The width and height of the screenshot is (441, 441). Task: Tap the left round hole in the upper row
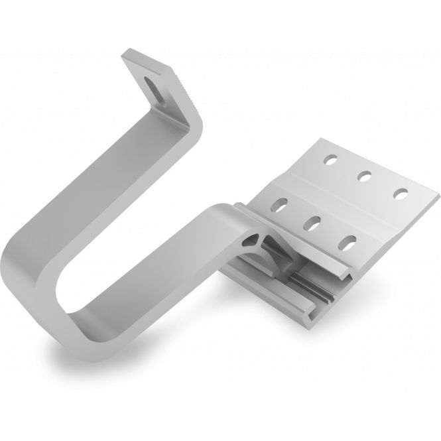click(x=329, y=160)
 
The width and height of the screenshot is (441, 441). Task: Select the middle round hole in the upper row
click(x=364, y=175)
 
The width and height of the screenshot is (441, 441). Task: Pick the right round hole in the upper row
click(x=400, y=193)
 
